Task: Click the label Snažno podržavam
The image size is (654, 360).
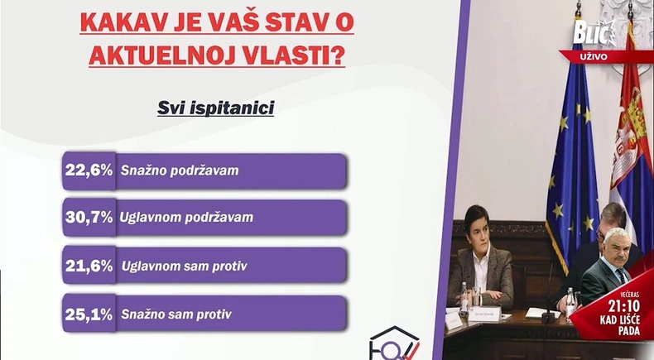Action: (x=180, y=170)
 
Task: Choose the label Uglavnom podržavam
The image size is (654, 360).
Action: (x=186, y=218)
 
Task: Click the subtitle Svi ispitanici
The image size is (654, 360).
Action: (x=216, y=108)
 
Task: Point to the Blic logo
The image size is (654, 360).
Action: (x=594, y=34)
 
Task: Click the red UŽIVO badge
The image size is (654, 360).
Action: (x=594, y=56)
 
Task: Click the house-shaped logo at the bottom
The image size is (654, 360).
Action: (x=395, y=343)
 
